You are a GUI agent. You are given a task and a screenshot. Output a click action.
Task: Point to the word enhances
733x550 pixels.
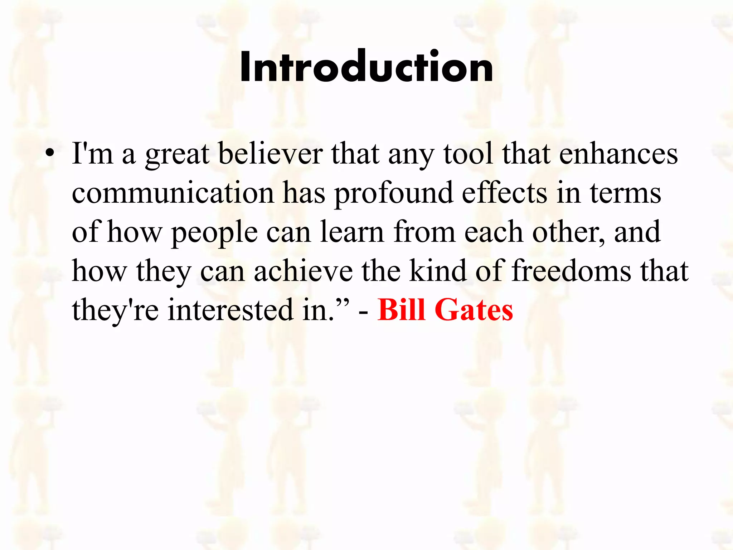[x=618, y=154]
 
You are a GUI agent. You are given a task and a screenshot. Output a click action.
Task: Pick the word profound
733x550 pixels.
[x=393, y=193]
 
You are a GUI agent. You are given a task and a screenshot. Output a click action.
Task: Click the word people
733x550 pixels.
[x=214, y=233]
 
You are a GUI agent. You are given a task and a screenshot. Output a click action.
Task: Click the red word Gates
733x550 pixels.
[x=474, y=310]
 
